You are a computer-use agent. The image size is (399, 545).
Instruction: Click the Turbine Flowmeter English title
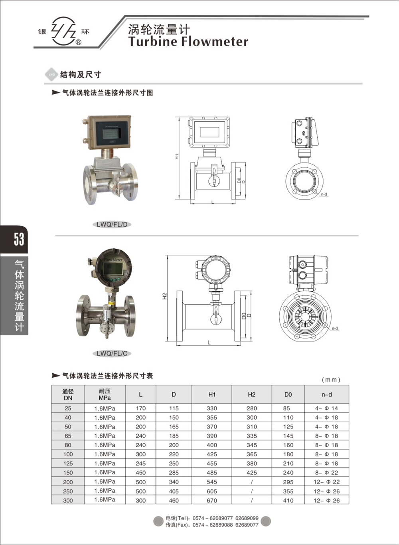pyautogui.click(x=188, y=42)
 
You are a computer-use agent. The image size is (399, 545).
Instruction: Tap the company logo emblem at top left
pyautogui.click(x=64, y=32)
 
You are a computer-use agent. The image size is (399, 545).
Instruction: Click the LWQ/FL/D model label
pyautogui.click(x=112, y=224)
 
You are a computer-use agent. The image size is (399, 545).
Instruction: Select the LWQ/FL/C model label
pyautogui.click(x=112, y=353)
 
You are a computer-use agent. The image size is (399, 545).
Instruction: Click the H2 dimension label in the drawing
pyautogui.click(x=164, y=296)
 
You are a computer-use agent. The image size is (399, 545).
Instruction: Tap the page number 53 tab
pyautogui.click(x=18, y=240)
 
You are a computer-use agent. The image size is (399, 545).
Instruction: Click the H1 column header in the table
pyautogui.click(x=212, y=394)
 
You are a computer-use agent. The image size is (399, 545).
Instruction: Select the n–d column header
pyautogui.click(x=326, y=394)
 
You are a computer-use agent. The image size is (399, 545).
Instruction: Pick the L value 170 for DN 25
pyautogui.click(x=140, y=408)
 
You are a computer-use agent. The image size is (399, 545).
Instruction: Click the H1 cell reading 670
pyautogui.click(x=212, y=500)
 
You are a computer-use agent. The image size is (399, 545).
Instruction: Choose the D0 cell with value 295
pyautogui.click(x=288, y=482)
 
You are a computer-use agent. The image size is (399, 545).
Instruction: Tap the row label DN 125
pyautogui.click(x=68, y=464)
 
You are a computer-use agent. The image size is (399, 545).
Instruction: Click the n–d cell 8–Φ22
pyautogui.click(x=326, y=473)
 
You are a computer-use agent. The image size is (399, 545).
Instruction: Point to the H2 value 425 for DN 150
pyautogui.click(x=252, y=473)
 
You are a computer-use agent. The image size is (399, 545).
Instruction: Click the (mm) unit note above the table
pyautogui.click(x=331, y=380)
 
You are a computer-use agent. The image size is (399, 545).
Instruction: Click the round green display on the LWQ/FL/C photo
pyautogui.click(x=113, y=269)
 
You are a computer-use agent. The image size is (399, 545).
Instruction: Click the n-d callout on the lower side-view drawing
pyautogui.click(x=334, y=329)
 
